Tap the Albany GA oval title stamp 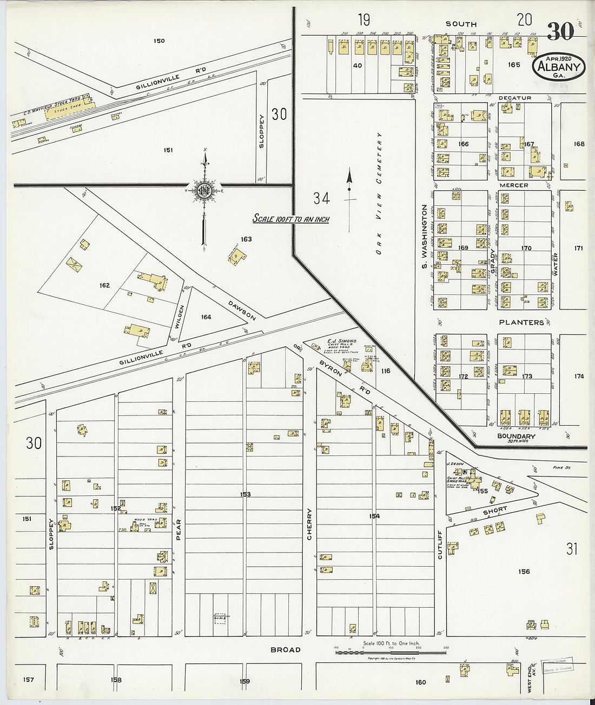click(x=560, y=66)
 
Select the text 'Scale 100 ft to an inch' click(x=291, y=219)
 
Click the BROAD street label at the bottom click(x=286, y=649)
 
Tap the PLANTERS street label click(x=521, y=323)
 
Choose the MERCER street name click(x=513, y=185)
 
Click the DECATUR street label click(x=514, y=98)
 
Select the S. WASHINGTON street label click(x=425, y=237)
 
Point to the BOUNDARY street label click(x=516, y=436)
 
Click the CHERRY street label click(x=310, y=523)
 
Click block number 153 click(x=245, y=494)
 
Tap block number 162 click(x=104, y=285)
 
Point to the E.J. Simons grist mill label click(x=342, y=341)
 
